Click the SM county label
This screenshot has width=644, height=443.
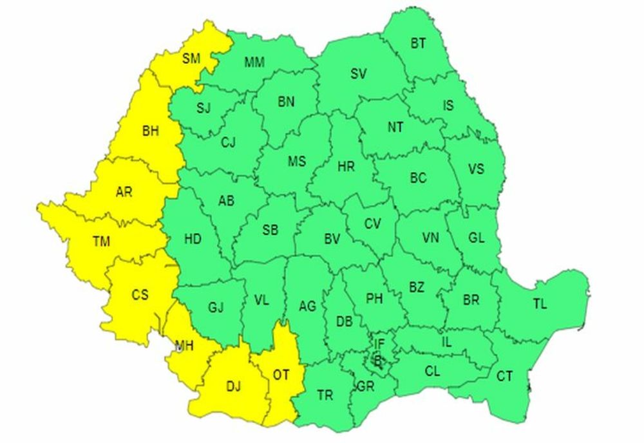[191, 59]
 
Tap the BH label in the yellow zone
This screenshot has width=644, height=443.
[150, 131]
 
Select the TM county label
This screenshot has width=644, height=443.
[101, 241]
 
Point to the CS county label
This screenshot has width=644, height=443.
[140, 295]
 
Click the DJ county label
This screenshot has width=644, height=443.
[233, 386]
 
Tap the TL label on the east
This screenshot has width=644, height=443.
[540, 304]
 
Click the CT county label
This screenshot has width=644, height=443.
[505, 375]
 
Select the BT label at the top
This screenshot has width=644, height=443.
[418, 43]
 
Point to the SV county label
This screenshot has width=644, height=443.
[358, 74]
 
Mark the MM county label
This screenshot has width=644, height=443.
[255, 62]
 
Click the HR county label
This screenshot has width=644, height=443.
[346, 167]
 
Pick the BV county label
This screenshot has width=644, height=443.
[332, 239]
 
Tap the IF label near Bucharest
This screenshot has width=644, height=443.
[379, 344]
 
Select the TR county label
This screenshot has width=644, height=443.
[325, 395]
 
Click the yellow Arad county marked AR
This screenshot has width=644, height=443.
[124, 192]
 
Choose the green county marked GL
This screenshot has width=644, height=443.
[476, 238]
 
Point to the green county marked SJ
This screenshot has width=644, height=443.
[203, 108]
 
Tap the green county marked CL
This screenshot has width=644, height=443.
[433, 371]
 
